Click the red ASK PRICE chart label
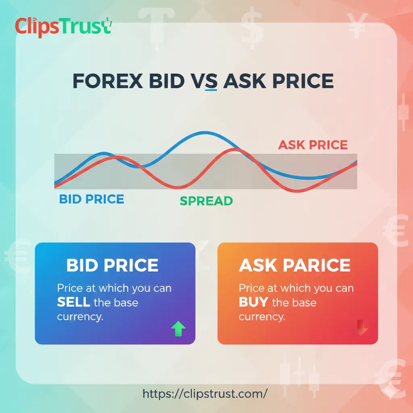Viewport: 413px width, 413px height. [313, 145]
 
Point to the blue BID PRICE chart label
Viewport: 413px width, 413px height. [92, 199]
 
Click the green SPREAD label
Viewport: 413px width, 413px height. [206, 200]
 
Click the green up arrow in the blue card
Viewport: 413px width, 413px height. [178, 330]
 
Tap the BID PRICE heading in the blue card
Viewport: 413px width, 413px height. [112, 265]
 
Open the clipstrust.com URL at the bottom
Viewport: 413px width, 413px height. [205, 393]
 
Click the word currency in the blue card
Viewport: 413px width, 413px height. [80, 317]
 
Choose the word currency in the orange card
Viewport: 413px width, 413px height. [262, 317]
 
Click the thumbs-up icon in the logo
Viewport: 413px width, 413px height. [106, 27]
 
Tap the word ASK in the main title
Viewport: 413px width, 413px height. [244, 81]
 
